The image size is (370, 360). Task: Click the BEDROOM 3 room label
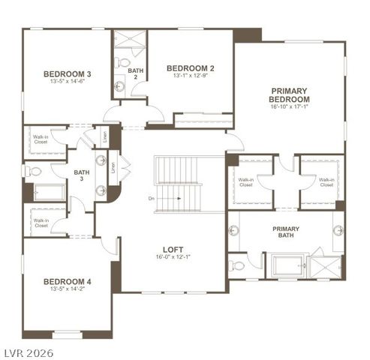[x=67, y=73]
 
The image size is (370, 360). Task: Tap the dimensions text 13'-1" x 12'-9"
[x=191, y=75]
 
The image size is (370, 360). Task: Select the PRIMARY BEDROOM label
[x=289, y=94]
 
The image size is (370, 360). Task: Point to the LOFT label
[x=173, y=250]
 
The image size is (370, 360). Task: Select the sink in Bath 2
[x=120, y=86]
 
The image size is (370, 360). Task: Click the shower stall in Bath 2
[x=130, y=40]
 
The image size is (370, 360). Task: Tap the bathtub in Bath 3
[x=50, y=191]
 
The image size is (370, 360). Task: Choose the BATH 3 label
[x=82, y=176]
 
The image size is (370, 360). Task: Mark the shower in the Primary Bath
[x=326, y=266]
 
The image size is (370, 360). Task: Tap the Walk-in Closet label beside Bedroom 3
[x=41, y=139]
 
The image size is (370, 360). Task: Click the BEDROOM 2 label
[x=191, y=67]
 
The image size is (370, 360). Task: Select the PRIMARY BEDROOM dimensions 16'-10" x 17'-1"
[x=289, y=106]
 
